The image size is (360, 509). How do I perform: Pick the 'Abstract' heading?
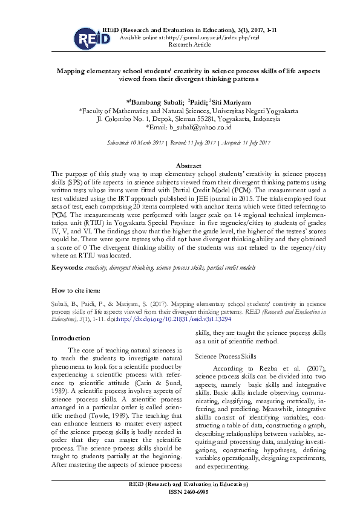point(188,165)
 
